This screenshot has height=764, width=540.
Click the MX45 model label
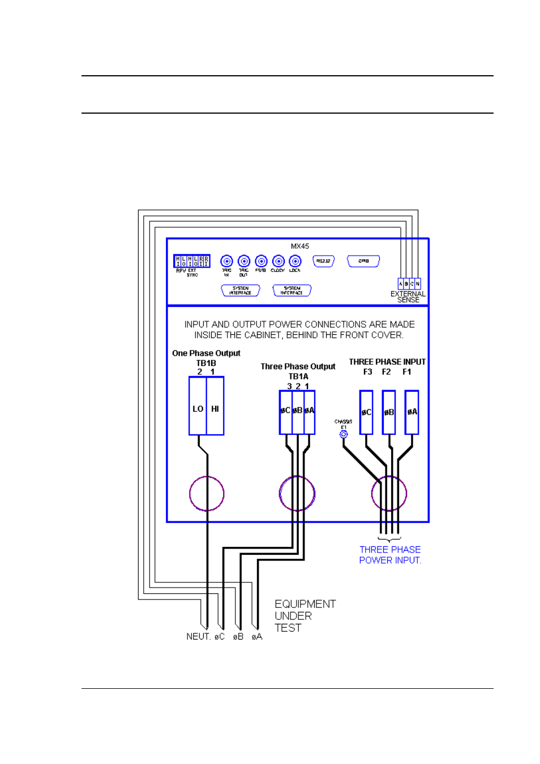click(x=299, y=246)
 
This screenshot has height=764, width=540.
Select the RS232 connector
click(x=323, y=261)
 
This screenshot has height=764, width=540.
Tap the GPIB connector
click(x=363, y=261)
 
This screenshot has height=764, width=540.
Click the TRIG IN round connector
click(x=226, y=261)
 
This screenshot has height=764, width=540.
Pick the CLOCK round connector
click(x=278, y=261)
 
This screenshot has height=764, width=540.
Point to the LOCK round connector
click(x=295, y=261)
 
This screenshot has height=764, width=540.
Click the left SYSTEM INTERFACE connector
click(x=241, y=291)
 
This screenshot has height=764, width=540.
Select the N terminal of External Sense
click(x=418, y=284)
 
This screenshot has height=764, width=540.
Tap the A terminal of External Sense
click(x=401, y=284)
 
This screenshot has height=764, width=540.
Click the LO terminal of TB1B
click(x=198, y=408)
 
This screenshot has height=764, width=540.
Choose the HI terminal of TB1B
click(x=215, y=408)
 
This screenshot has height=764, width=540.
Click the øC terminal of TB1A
click(x=285, y=411)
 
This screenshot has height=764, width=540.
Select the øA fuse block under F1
click(x=412, y=412)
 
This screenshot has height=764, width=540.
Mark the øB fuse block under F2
click(x=389, y=412)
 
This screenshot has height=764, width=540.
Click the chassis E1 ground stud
click(x=344, y=434)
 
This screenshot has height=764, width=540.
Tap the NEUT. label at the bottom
click(x=198, y=637)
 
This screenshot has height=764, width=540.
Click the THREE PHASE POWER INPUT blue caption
click(x=390, y=555)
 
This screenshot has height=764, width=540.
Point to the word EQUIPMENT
click(x=305, y=604)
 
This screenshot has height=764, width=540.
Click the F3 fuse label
click(x=368, y=372)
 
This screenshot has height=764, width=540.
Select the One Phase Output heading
click(x=206, y=353)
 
